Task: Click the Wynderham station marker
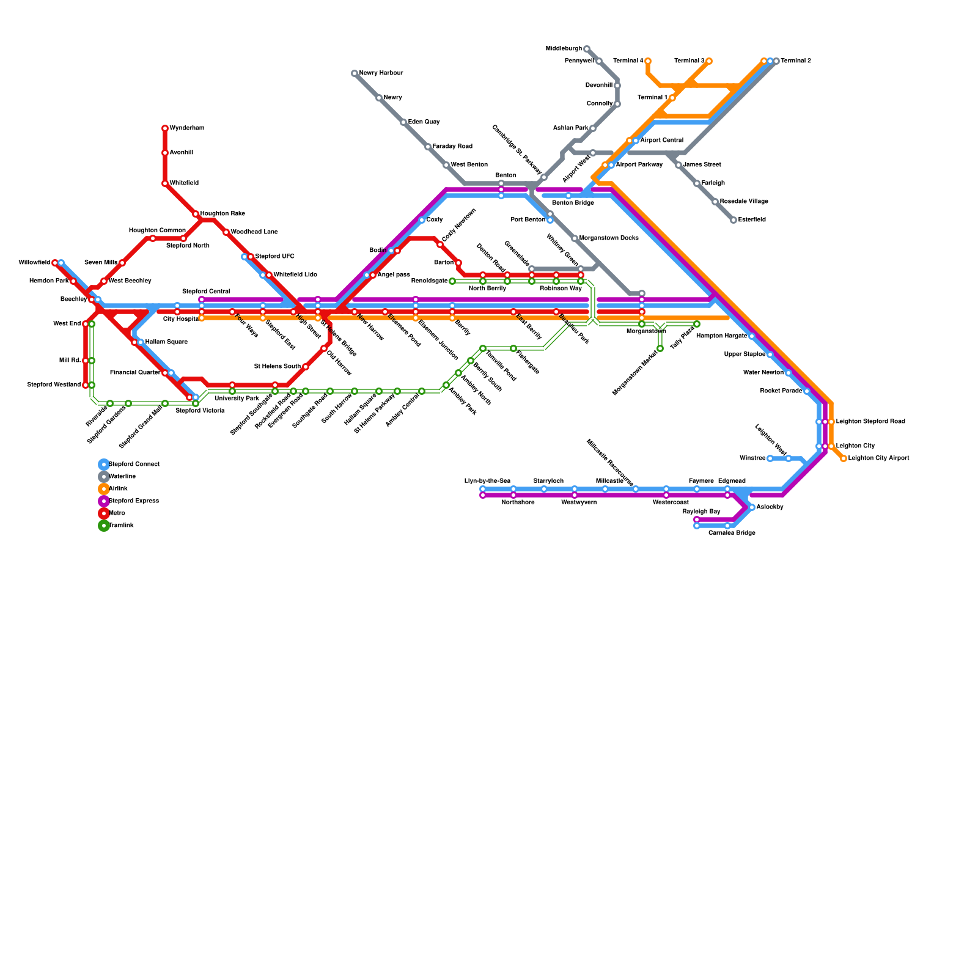[x=165, y=128]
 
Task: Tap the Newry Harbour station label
[x=381, y=73]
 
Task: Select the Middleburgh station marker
[x=587, y=49]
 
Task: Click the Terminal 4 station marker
[x=648, y=61]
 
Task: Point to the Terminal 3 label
[x=689, y=61]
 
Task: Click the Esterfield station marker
[x=733, y=220]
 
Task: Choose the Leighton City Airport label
[x=878, y=458]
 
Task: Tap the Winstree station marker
[x=770, y=458]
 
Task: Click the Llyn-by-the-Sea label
[x=487, y=481]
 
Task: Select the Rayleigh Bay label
[x=701, y=512]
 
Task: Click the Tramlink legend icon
[x=104, y=526]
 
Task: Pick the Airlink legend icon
[x=104, y=489]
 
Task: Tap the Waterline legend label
[x=122, y=477]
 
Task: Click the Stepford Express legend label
[x=134, y=501]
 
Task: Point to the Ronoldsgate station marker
[x=452, y=281]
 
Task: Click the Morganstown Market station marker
[x=660, y=348]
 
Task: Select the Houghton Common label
[x=157, y=230]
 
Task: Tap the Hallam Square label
[x=166, y=342]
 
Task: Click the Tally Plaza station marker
[x=697, y=324]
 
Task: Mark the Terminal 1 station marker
[x=672, y=98]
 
